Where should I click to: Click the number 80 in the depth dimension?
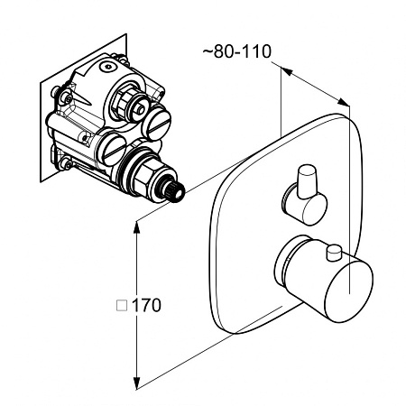coord(225,51)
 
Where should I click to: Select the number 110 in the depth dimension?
coord(256,51)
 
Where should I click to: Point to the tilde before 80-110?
coord(208,51)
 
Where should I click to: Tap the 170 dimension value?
coord(146,305)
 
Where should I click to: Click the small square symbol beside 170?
coord(122,305)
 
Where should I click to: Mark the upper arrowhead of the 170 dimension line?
coord(137,227)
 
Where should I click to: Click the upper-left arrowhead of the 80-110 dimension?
coord(287,71)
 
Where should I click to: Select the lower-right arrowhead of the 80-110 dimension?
coord(343,102)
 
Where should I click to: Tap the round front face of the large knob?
coord(349,291)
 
